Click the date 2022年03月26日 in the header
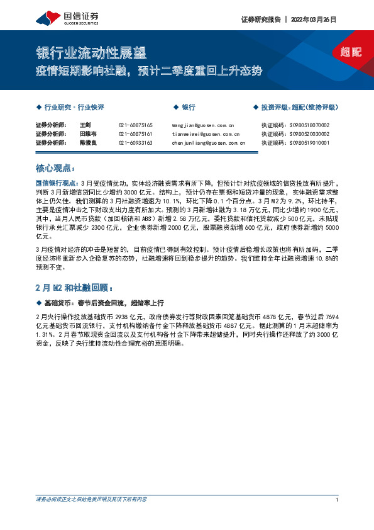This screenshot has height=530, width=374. coord(314,19)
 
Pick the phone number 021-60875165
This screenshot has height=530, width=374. coord(135,125)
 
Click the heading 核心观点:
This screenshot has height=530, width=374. coord(55,169)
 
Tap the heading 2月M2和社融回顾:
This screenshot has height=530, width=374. coord(74,271)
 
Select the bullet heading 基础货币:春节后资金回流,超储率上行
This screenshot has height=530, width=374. coord(104,285)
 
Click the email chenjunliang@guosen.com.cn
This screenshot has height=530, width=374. coord(208,143)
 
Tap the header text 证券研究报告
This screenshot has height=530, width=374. coord(261,19)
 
